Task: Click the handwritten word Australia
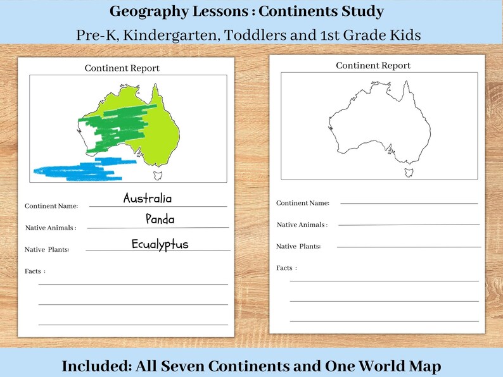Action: tap(147, 198)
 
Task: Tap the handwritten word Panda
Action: tap(160, 219)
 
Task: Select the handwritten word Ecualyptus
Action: tap(160, 244)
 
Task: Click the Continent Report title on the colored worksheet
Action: tap(122, 68)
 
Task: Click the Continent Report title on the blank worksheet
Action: tap(373, 66)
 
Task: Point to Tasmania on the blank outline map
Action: tap(409, 171)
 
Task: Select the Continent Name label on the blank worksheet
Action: tap(303, 203)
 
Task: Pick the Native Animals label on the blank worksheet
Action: tap(302, 225)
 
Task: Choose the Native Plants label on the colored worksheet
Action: tap(47, 250)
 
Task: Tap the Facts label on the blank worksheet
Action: tap(286, 268)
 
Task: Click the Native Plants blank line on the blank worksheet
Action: tap(409, 247)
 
